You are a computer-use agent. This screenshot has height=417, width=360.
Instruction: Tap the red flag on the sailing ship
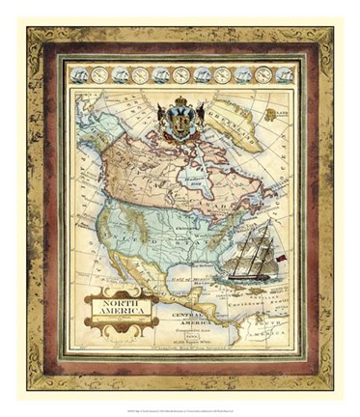pyautogui.click(x=282, y=259)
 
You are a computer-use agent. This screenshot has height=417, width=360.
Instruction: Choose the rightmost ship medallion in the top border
pyautogui.click(x=284, y=74)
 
